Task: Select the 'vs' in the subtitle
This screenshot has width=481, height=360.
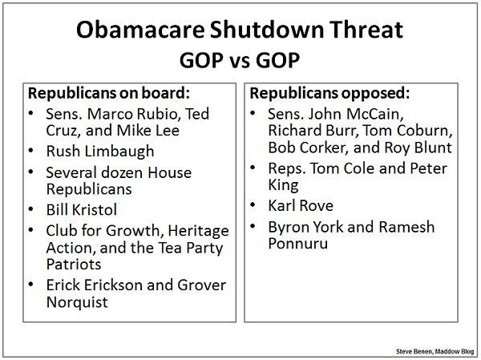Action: (240, 62)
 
